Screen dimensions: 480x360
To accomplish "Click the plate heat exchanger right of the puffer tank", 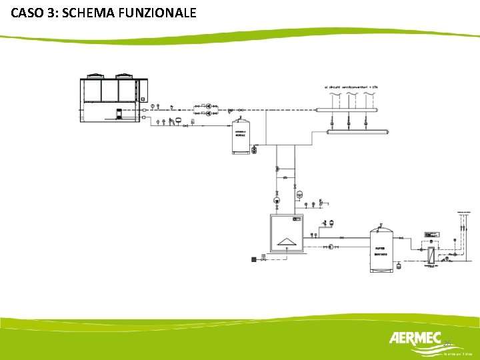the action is [x=431, y=254].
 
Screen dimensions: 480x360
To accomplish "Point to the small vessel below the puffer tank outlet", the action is [x=399, y=264].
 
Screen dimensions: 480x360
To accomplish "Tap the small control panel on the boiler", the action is [x=297, y=219].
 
